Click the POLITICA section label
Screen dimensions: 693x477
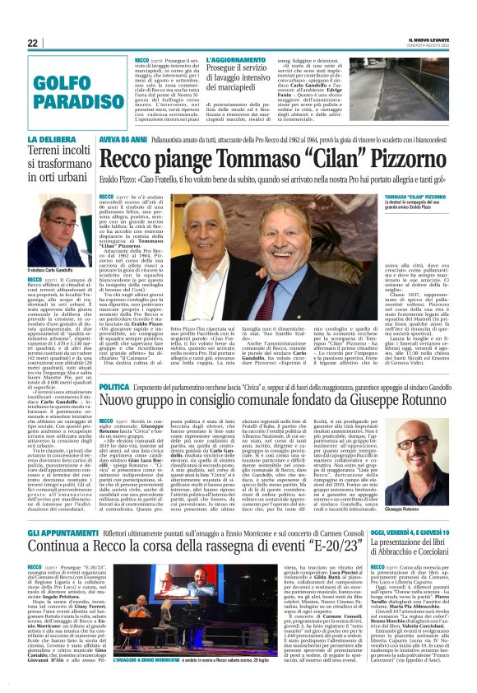tap(114, 386)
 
